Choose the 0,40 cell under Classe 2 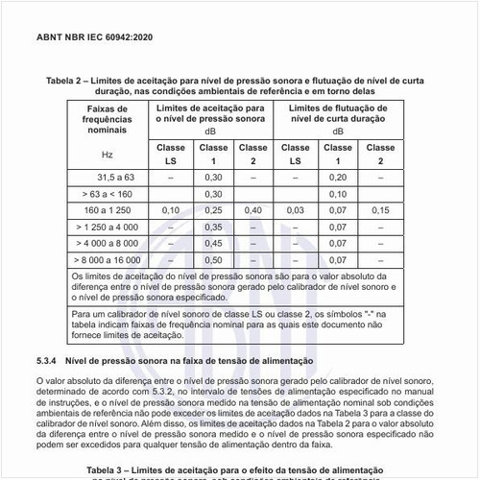[x=252, y=209]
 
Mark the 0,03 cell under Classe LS [x=296, y=209]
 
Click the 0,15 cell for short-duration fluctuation [x=379, y=209]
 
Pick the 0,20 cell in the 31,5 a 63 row [x=337, y=178]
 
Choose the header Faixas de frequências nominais [x=107, y=122]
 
